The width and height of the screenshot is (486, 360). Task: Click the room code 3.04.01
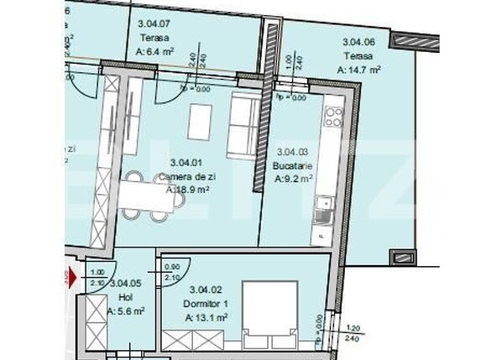pos(186,163)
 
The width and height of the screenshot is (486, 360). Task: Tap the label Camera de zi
pos(186,176)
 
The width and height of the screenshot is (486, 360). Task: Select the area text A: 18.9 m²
pos(187,190)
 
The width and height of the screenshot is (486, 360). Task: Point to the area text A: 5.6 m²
pos(126,310)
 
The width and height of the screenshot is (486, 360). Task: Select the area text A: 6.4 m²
pos(154,51)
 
